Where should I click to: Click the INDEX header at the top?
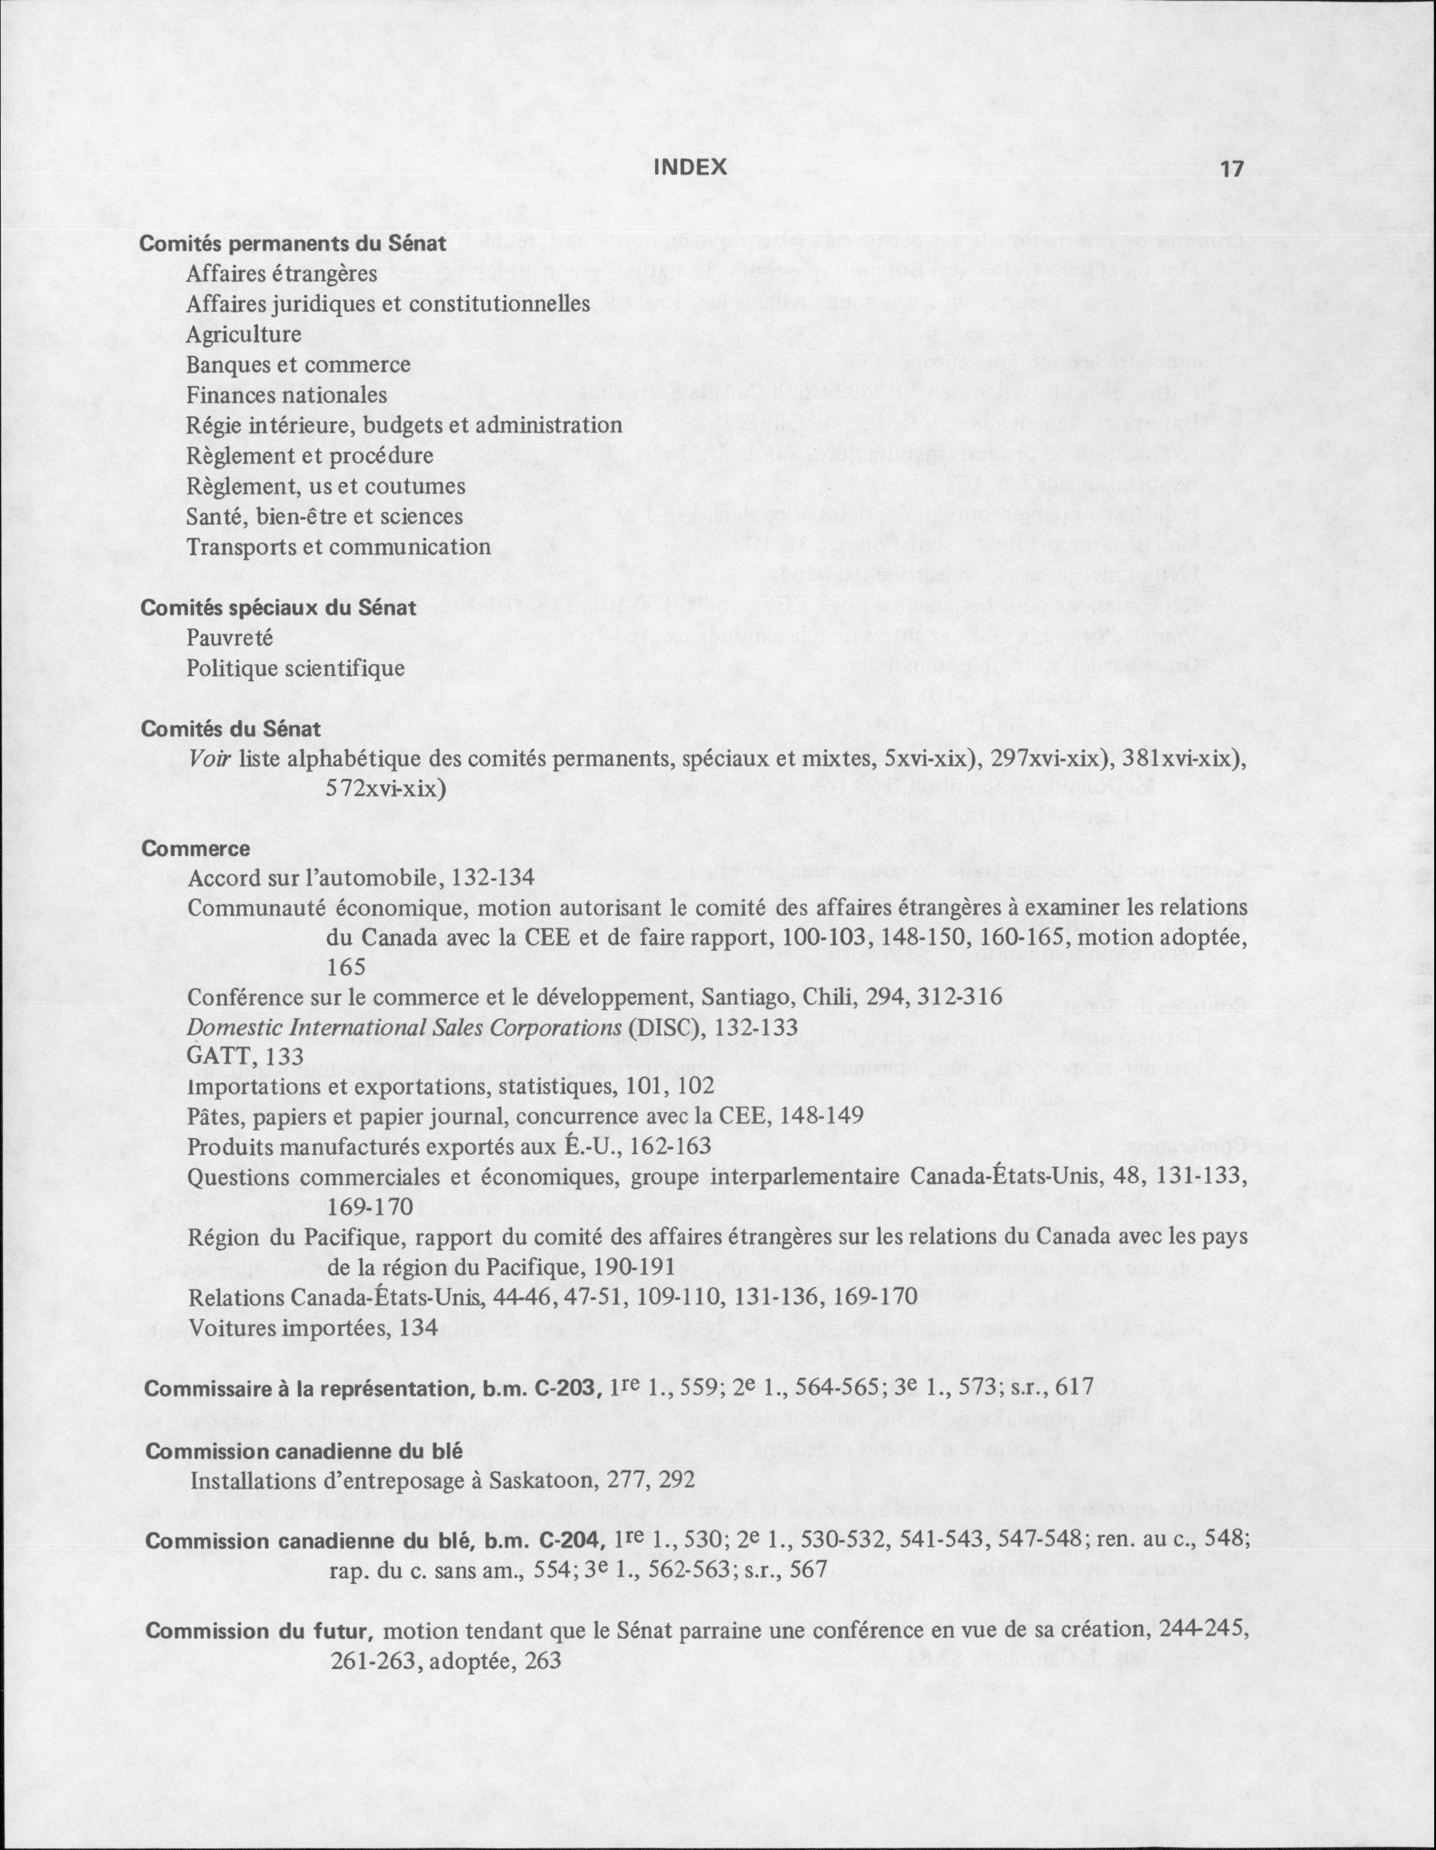691,168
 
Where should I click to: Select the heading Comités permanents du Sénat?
292,244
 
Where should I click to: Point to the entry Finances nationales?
286,395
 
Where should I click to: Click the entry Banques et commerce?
298,365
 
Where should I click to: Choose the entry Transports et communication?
339,547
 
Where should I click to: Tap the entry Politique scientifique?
295,669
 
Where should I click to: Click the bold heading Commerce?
196,849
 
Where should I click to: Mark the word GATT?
219,1056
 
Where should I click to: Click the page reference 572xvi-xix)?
386,789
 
